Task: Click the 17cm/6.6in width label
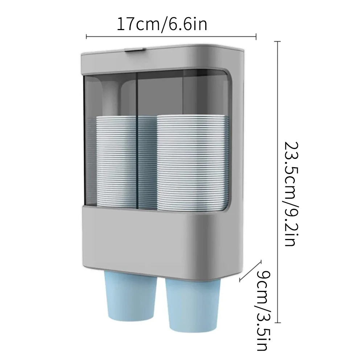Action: pyautogui.click(x=162, y=24)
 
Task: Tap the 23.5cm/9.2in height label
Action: pyautogui.click(x=293, y=194)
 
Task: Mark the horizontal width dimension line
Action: pyautogui.click(x=170, y=36)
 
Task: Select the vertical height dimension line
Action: pyautogui.click(x=278, y=181)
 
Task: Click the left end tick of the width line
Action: pyautogui.click(x=86, y=36)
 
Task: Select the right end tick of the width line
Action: pyautogui.click(x=256, y=36)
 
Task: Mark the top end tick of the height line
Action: pyautogui.click(x=278, y=42)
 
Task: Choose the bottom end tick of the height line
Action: pyautogui.click(x=278, y=322)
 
